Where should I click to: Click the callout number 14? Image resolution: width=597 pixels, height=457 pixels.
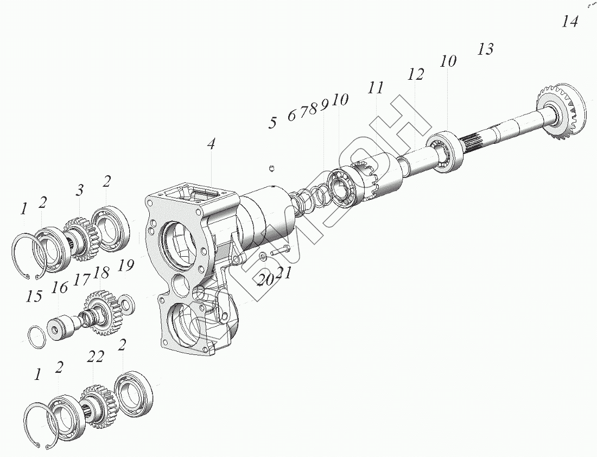tap(570, 22)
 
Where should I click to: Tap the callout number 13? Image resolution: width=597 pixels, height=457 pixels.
tap(485, 49)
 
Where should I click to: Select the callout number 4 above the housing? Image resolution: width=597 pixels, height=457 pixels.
tap(211, 144)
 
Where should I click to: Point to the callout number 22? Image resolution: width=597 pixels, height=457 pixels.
tap(96, 357)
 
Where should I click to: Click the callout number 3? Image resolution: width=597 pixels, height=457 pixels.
tap(80, 191)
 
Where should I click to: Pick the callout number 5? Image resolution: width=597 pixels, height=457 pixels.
tap(272, 122)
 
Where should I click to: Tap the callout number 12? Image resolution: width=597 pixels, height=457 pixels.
tap(416, 74)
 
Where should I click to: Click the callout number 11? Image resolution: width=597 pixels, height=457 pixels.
tap(376, 88)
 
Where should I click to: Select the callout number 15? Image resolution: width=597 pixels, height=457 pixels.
tap(34, 296)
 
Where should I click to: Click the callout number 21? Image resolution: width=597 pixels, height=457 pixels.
tap(284, 272)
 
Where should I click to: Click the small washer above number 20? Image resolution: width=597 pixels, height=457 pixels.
tap(263, 256)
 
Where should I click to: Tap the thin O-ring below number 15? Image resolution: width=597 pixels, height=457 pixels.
tap(37, 336)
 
